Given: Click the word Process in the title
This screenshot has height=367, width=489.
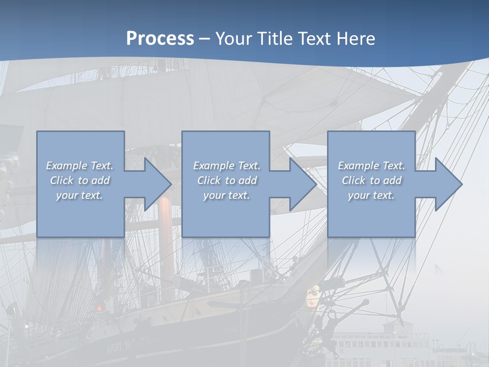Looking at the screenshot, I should click(160, 39).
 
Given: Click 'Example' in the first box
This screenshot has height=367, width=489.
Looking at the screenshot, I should click(66, 166).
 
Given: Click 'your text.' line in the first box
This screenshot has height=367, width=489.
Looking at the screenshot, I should click(79, 195).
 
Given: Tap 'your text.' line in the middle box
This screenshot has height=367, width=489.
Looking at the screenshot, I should click(226, 195).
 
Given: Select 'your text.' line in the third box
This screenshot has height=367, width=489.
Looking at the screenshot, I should click(371, 195).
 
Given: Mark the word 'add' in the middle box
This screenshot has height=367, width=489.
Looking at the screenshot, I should click(248, 180).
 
